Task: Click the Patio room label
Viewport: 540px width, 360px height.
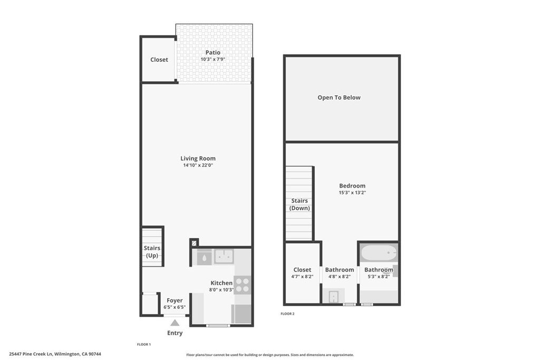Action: tap(213, 52)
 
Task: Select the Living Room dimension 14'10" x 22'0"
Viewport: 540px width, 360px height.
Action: tap(198, 166)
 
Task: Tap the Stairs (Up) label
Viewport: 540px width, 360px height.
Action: tap(152, 251)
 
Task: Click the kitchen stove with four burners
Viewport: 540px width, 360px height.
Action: tap(242, 285)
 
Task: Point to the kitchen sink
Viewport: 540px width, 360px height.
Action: tap(224, 257)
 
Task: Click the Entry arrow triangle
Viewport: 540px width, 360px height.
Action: tap(175, 323)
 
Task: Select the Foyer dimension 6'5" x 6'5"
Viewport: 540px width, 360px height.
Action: tap(175, 307)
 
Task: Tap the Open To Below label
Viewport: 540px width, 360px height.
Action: tap(339, 98)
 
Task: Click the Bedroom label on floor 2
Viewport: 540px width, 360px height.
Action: tap(352, 186)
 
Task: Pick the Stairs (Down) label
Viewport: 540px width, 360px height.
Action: tap(300, 205)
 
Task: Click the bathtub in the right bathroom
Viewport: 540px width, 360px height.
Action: tap(379, 253)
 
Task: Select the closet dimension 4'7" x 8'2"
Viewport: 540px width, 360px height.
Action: tap(302, 276)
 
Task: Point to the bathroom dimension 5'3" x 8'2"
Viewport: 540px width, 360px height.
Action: tap(378, 276)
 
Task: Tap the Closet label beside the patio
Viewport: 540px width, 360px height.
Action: tap(159, 60)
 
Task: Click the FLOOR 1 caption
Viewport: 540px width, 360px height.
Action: tap(144, 344)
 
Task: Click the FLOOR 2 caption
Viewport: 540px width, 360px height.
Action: tap(287, 314)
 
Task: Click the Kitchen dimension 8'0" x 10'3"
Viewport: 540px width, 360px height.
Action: tap(221, 290)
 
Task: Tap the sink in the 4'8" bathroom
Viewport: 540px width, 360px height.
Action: tap(334, 297)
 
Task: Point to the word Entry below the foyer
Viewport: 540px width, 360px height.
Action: tap(175, 333)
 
